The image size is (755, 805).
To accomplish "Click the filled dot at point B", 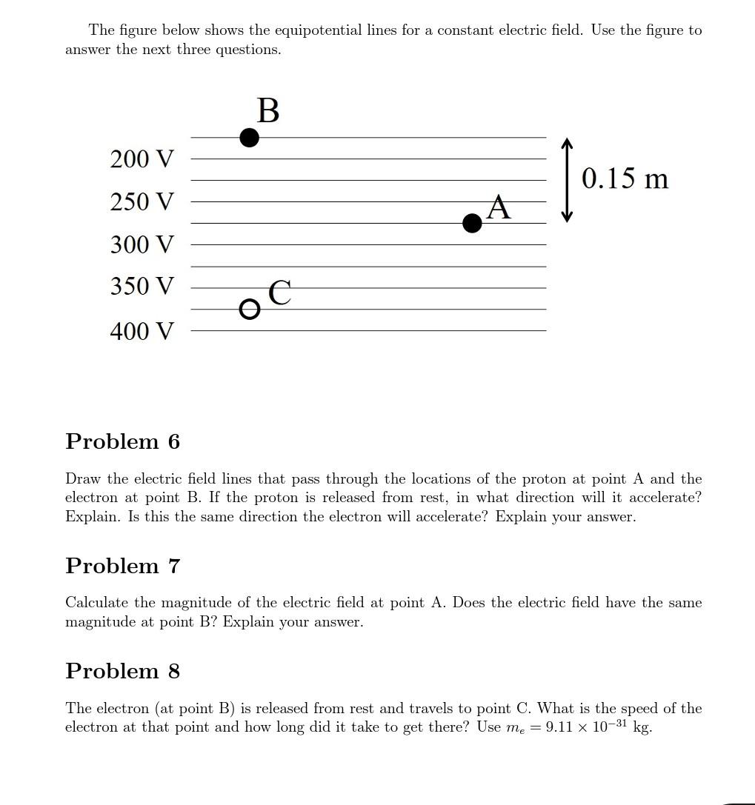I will point(250,138).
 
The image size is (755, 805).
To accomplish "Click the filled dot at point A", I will point(472,223).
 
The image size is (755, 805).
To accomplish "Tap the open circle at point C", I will point(250,309).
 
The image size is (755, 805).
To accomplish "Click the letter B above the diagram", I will point(268,111).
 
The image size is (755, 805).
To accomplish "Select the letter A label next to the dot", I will point(499,207).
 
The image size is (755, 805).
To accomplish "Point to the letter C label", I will point(279,293).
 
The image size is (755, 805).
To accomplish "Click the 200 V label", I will point(142,158).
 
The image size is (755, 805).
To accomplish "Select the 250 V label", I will point(142,201).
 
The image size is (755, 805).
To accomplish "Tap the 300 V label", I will point(142,244).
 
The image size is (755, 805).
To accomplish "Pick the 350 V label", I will point(142,286).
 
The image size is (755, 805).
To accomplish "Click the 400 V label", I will point(142,331).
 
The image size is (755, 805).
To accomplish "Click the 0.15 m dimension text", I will point(625,178).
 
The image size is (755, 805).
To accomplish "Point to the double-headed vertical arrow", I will point(567,180).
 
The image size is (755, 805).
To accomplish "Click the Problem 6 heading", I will point(122,441).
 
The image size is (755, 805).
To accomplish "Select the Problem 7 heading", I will point(122,566).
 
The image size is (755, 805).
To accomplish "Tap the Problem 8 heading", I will point(122,671).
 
